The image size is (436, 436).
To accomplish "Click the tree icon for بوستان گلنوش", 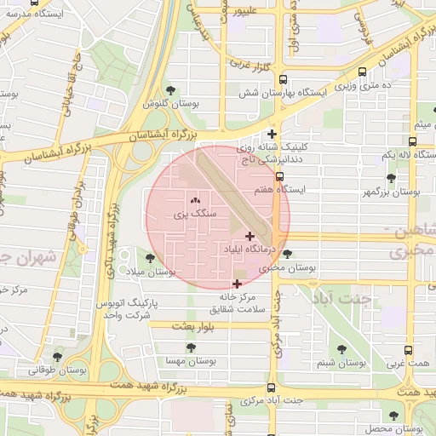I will (x=172, y=89).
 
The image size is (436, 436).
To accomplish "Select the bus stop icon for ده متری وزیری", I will (x=364, y=72).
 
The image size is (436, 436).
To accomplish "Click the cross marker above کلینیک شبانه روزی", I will (x=272, y=134).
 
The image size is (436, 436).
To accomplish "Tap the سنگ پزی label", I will (x=192, y=215).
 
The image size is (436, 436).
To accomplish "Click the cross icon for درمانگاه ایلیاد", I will (x=250, y=236).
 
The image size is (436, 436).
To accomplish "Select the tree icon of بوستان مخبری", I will (x=287, y=254).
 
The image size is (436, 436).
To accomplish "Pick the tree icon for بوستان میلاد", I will (x=151, y=258).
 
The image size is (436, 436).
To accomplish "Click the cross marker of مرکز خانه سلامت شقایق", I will (x=237, y=284).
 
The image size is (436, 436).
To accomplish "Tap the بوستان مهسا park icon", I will (x=191, y=347).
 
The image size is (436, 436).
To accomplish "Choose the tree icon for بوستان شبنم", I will (x=341, y=349).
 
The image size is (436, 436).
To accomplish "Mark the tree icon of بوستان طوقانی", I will (x=57, y=357).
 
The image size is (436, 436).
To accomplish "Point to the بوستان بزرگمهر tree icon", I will (x=391, y=179).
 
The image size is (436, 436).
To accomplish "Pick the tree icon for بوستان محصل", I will (x=393, y=416).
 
